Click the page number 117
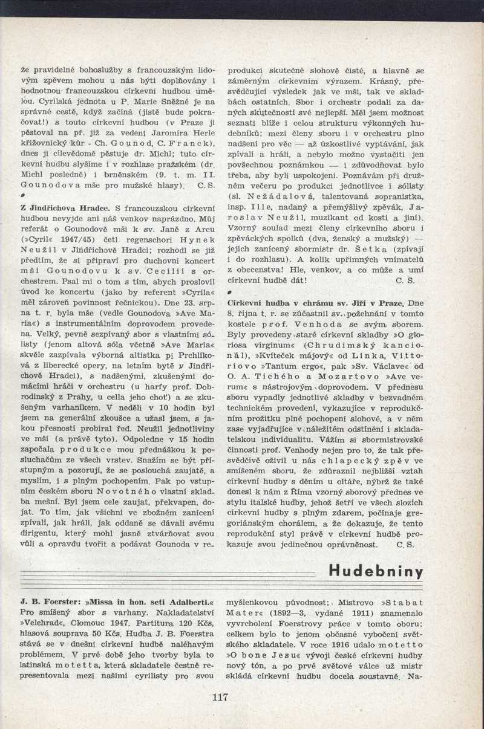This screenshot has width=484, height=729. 220,697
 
